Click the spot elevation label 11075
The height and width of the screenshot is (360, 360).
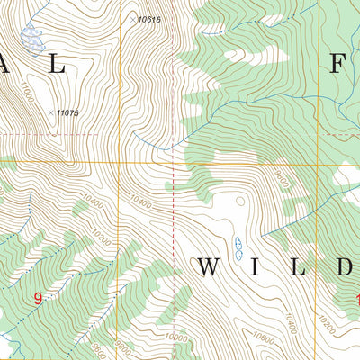68,112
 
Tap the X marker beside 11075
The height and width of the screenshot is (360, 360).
51,112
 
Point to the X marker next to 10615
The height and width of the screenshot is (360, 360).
132,18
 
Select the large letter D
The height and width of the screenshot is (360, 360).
347,267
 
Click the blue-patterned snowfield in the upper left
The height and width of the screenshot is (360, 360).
32,38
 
